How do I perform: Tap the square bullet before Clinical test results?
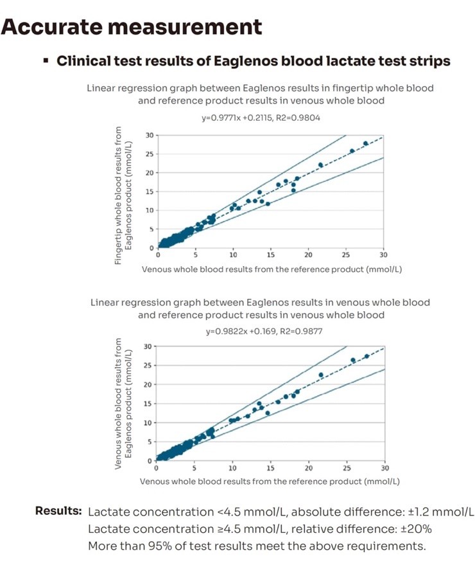[46, 62]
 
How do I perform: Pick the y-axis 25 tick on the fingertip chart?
[150, 154]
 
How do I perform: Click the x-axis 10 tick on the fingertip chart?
[234, 255]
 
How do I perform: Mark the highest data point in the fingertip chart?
[366, 143]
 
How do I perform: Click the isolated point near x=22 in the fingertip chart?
[321, 165]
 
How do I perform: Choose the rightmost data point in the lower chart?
[367, 356]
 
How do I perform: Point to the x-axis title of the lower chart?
[270, 481]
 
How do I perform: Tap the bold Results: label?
[58, 511]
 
